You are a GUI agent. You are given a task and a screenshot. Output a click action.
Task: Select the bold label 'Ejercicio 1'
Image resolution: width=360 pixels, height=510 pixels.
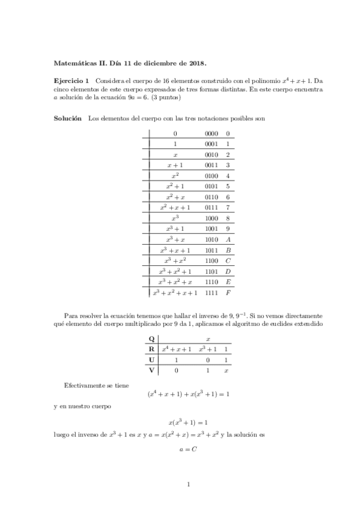click(72, 81)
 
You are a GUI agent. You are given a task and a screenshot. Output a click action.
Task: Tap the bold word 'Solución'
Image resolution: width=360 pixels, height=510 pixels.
click(68, 119)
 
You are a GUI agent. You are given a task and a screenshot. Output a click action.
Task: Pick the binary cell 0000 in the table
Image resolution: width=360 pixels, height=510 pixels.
click(211, 134)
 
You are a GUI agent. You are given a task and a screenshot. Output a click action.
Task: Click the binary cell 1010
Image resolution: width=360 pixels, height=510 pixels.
click(211, 239)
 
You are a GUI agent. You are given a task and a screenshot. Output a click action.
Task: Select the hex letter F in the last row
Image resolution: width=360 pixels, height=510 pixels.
click(228, 293)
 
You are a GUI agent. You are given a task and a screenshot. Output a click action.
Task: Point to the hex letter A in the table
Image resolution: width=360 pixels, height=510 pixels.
click(228, 239)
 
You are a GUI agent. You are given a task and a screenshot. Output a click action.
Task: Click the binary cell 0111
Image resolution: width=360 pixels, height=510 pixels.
click(211, 207)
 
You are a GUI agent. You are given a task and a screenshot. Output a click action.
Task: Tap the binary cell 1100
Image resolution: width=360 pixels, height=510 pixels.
click(211, 261)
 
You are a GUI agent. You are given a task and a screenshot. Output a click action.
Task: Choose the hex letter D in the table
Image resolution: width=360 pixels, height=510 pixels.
click(228, 271)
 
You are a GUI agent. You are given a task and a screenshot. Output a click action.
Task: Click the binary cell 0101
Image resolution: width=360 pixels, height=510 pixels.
click(211, 186)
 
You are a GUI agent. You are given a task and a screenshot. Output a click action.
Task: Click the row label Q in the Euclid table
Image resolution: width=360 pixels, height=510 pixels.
click(151, 339)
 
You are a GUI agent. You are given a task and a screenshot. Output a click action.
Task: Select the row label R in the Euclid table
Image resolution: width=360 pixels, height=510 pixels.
click(151, 349)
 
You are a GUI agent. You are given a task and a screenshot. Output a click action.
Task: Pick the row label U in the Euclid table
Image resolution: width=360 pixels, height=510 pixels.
click(151, 360)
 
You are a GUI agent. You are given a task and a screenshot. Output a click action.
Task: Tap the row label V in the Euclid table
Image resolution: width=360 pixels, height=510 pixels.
click(151, 370)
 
